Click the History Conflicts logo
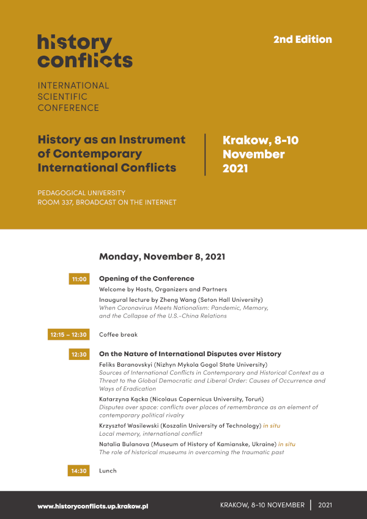point(84,51)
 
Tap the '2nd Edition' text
point(302,39)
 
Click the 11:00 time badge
point(80,279)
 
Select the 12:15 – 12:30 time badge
point(69,335)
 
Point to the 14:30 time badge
point(80,471)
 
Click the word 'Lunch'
point(108,471)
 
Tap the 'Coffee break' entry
point(118,335)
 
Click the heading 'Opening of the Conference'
point(146,278)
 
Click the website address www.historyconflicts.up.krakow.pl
point(93,506)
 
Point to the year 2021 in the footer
point(325,505)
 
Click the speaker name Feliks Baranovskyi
point(125,364)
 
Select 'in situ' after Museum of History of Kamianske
point(286,444)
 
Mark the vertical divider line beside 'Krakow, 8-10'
point(206,154)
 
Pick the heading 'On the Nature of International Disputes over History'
point(190,354)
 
